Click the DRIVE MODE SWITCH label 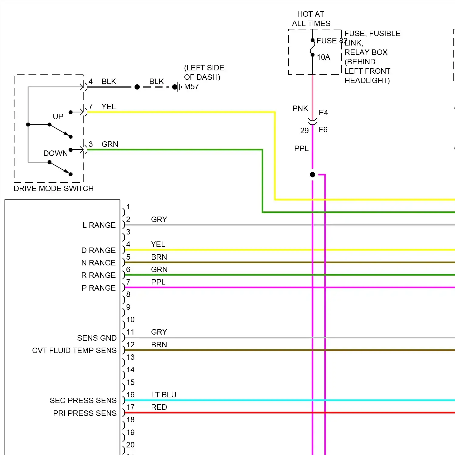pos(53,188)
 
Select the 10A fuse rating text pos(323,57)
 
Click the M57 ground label pos(191,87)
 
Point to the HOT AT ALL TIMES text pos(311,19)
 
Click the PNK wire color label pos(300,108)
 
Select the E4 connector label pos(323,113)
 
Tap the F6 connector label pos(323,130)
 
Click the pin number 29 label pos(304,131)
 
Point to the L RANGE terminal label pos(99,225)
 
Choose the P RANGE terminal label pos(99,288)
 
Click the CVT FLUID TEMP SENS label pos(74,350)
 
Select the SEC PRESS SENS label pos(83,400)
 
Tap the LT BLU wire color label pos(163,395)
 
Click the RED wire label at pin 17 pos(159,407)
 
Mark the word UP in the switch pos(58,116)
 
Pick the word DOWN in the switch pos(56,153)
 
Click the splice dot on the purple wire pos(312,175)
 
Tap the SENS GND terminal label pos(97,338)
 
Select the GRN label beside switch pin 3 pos(110,144)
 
